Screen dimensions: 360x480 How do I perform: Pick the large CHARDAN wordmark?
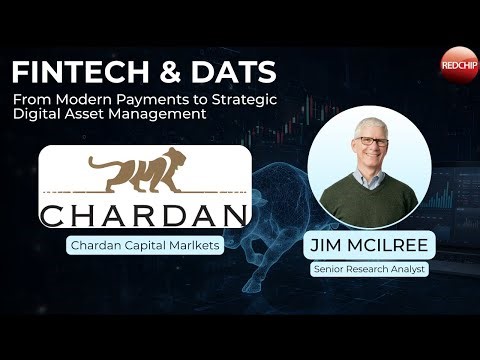142,214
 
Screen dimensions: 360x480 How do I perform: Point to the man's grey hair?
370,125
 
